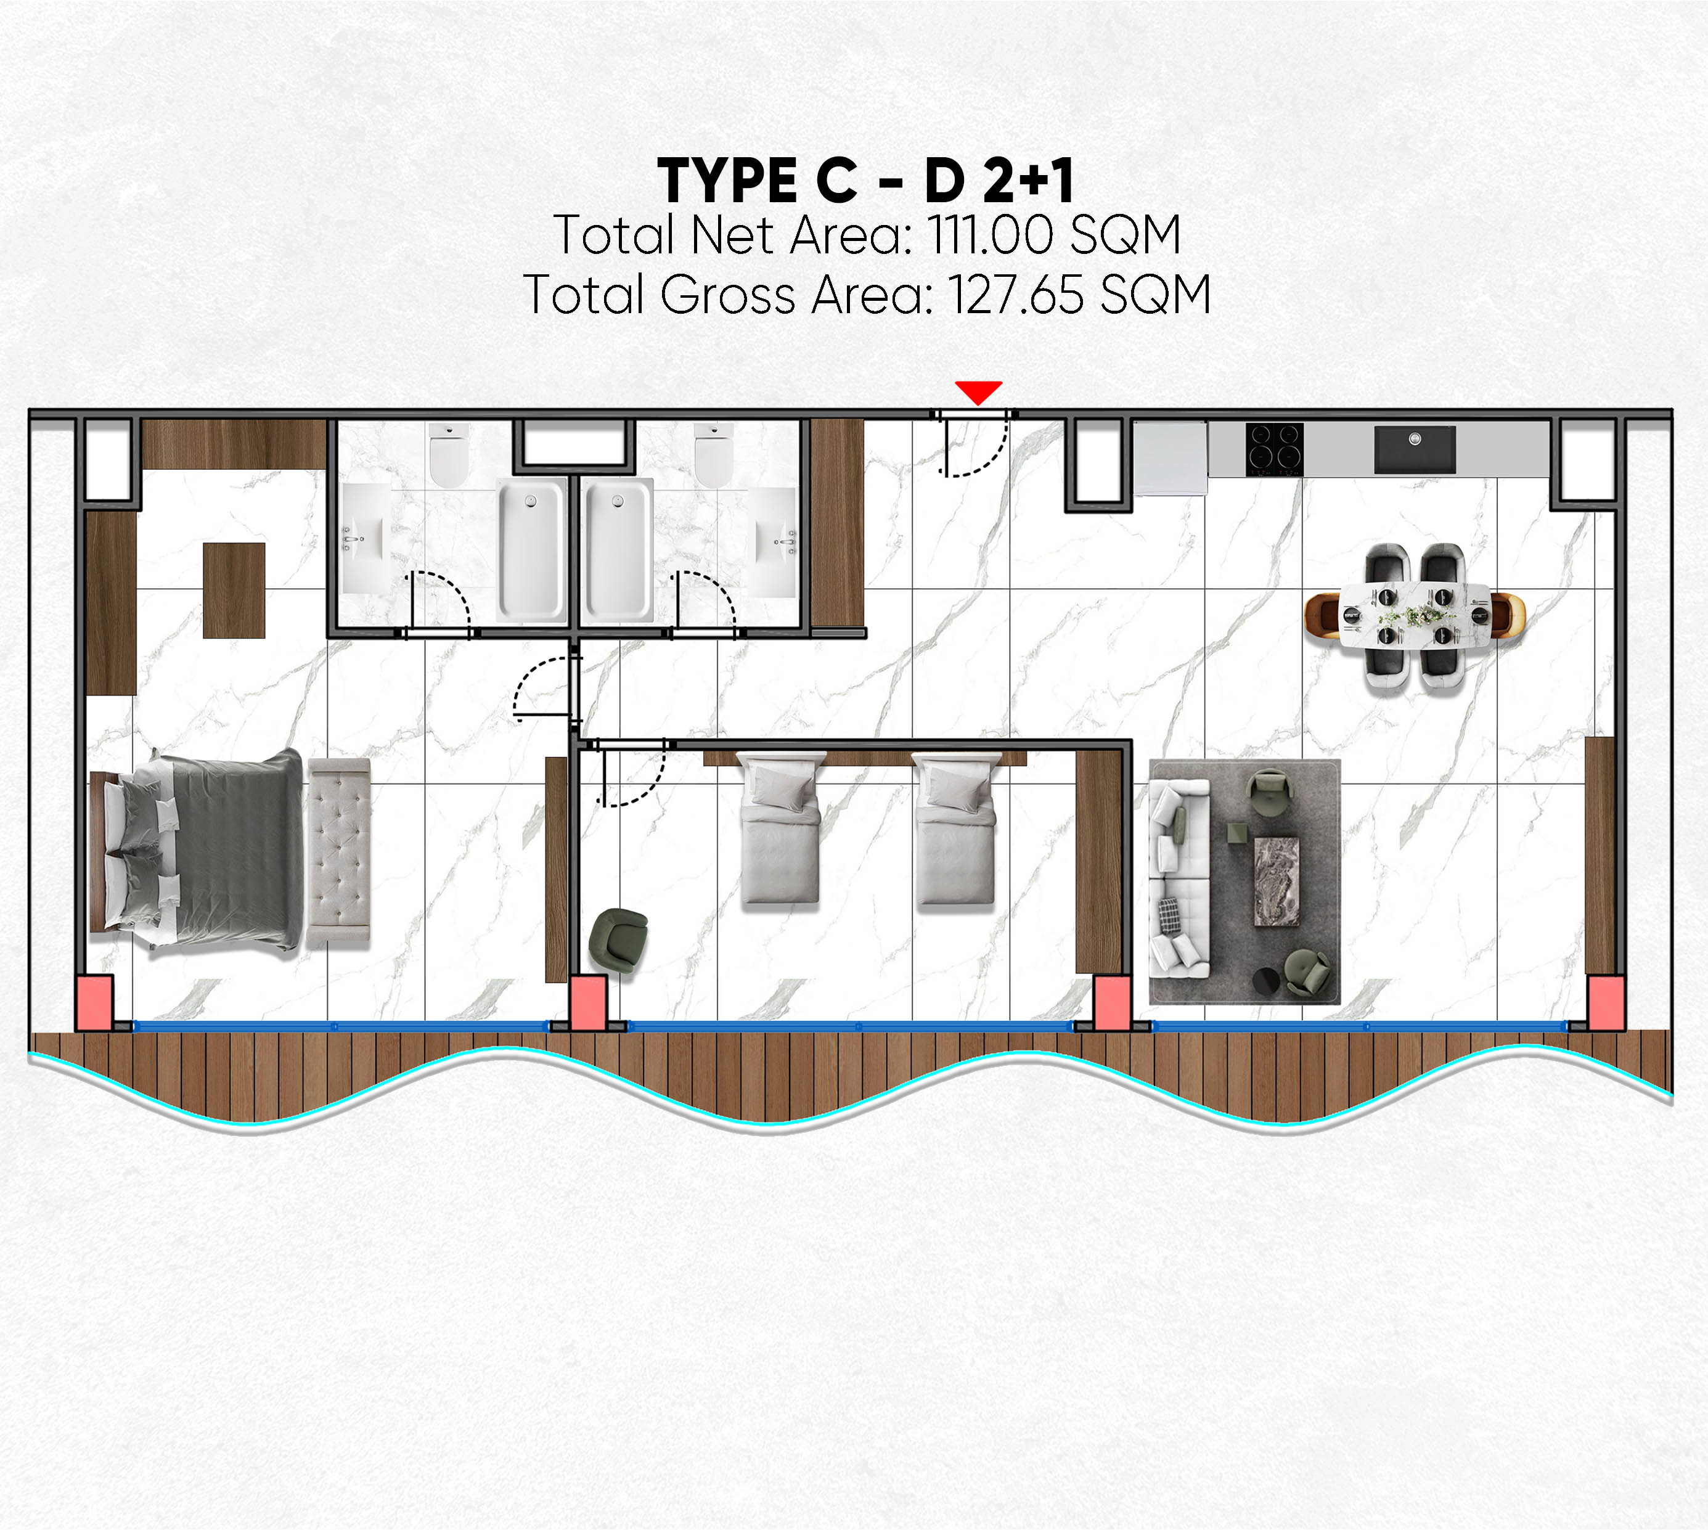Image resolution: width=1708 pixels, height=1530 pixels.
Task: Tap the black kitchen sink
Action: tap(1415, 449)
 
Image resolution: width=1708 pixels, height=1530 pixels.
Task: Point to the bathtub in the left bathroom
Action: tap(531, 550)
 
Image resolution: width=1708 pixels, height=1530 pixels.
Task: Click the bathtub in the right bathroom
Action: tap(618, 550)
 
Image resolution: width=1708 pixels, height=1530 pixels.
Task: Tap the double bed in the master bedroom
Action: tap(196, 851)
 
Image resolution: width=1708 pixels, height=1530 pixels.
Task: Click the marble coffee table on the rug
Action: tap(1277, 881)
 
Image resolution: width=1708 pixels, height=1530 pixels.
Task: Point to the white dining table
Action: tap(1415, 615)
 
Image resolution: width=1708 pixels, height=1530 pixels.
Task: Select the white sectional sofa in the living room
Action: tap(1179, 878)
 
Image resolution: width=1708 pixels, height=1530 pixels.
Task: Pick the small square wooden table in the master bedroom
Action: tap(234, 590)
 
